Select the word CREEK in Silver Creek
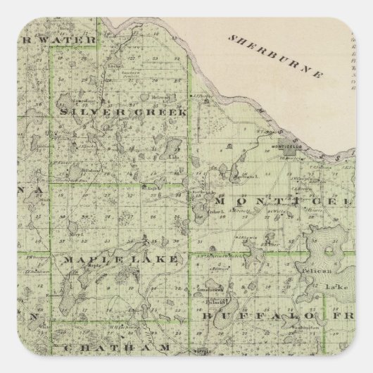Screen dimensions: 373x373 [161, 112]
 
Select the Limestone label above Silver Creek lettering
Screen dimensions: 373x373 [77, 92]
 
